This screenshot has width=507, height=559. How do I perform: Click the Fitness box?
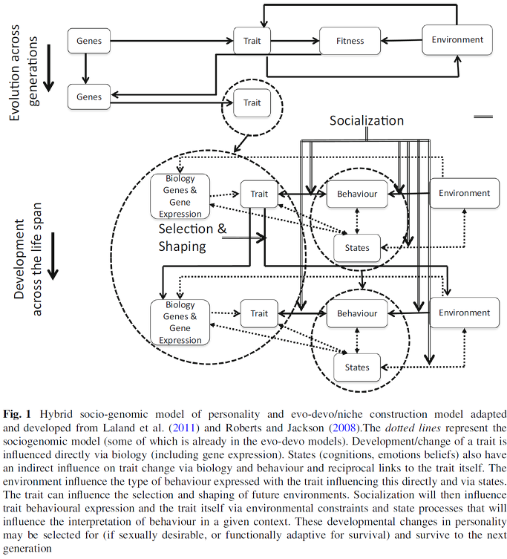tap(350, 41)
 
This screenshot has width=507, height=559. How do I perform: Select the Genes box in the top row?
tap(89, 41)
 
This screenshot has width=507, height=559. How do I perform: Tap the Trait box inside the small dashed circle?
tap(252, 102)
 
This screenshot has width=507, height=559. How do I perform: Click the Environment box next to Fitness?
tap(457, 39)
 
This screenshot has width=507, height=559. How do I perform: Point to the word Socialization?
tap(367, 120)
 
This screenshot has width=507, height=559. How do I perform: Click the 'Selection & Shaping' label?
tap(192, 238)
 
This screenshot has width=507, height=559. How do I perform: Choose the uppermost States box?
tap(357, 248)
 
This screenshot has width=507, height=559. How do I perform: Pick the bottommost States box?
tap(357, 367)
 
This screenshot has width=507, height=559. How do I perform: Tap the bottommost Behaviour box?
tap(357, 313)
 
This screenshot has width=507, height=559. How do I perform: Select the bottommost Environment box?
tap(464, 313)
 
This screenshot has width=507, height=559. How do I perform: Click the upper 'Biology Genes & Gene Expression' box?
tap(180, 196)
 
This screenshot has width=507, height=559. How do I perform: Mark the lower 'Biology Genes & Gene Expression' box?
tap(180, 322)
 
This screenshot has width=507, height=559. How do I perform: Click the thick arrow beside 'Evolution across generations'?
tap(49, 68)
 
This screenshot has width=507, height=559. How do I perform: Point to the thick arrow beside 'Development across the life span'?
tap(53, 256)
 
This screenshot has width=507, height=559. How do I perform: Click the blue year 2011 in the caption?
tap(183, 428)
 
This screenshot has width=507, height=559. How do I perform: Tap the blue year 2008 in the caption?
tap(345, 428)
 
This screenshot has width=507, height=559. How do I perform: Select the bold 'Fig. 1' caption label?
tap(17, 414)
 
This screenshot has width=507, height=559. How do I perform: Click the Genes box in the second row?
tap(89, 97)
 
